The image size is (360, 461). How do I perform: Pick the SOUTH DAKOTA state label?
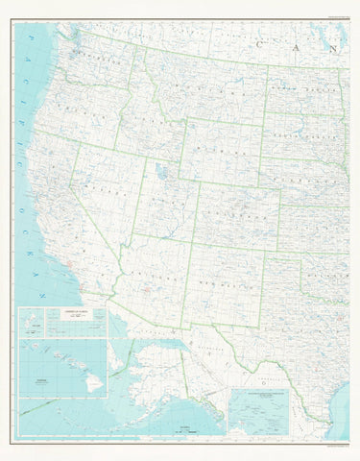pyautogui.click(x=305, y=137)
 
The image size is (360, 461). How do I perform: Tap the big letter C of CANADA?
pyautogui.click(x=260, y=43)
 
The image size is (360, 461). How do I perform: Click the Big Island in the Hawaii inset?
pyautogui.click(x=93, y=381)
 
